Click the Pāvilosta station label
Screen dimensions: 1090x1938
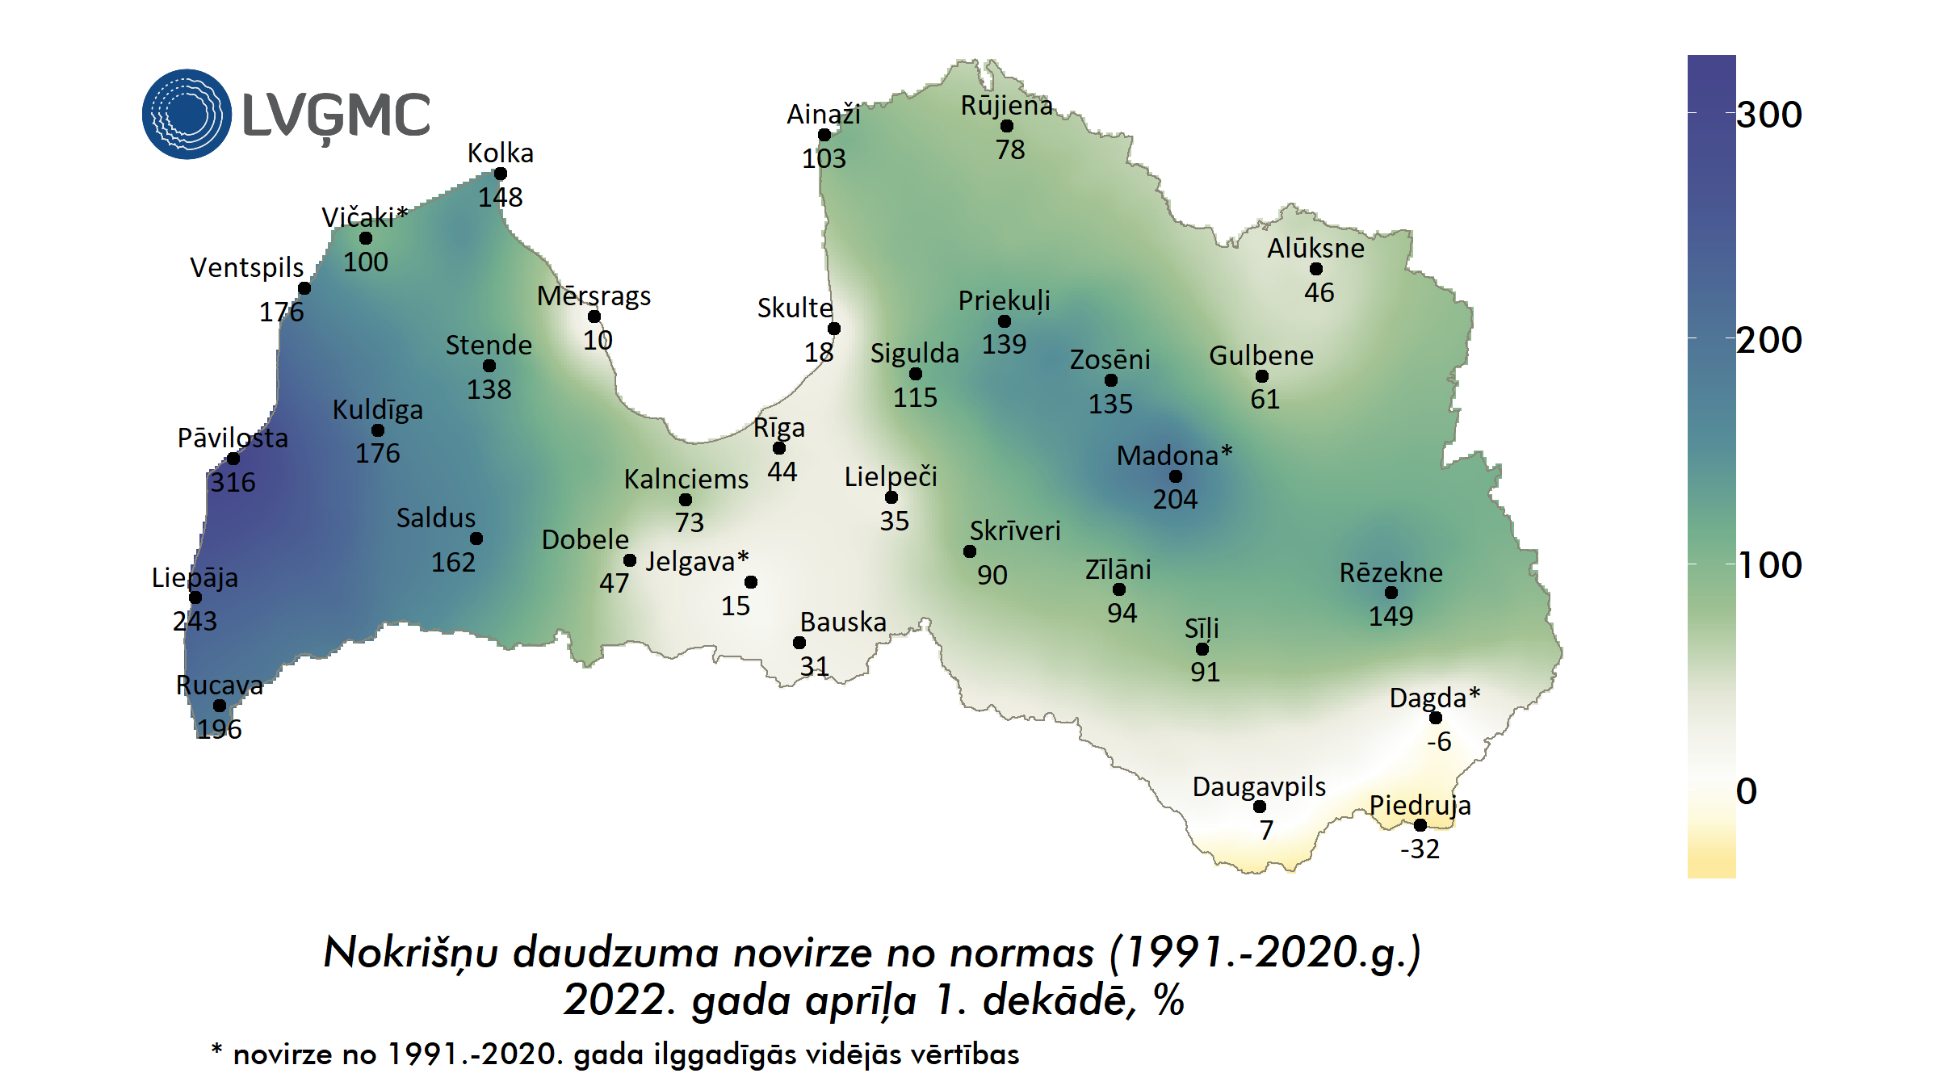(x=233, y=438)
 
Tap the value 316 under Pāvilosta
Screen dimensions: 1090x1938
(x=233, y=482)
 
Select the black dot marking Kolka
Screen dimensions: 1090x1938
(x=501, y=174)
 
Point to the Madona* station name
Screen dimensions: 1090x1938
(x=1174, y=455)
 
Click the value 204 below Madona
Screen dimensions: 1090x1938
(x=1175, y=499)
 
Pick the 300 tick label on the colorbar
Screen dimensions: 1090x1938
(x=1768, y=115)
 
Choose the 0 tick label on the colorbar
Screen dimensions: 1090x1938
(x=1747, y=791)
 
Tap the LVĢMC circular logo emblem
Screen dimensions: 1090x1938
(x=187, y=114)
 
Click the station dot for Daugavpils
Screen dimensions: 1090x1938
(x=1260, y=807)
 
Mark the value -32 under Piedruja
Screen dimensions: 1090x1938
(x=1420, y=849)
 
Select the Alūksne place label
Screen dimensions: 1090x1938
(x=1315, y=248)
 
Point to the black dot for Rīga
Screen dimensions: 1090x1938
(x=779, y=448)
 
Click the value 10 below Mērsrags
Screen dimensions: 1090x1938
(x=598, y=340)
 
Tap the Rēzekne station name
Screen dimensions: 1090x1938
(x=1391, y=572)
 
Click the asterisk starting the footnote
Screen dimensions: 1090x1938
(x=216, y=1050)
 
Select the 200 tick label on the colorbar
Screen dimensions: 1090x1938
(x=1768, y=340)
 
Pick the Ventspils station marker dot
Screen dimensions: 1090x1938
(x=304, y=288)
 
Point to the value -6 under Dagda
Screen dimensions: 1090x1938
(x=1439, y=741)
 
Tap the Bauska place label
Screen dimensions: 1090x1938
(x=843, y=622)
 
